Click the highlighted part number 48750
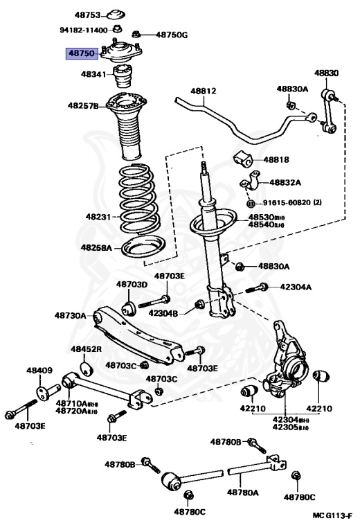point(82,53)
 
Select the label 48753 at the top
point(88,15)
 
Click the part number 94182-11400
point(84,30)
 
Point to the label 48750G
point(172,35)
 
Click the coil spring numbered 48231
point(138,199)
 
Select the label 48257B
point(83,106)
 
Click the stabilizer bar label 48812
point(204,91)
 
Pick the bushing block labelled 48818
point(242,159)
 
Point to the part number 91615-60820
point(287,203)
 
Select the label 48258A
point(96,248)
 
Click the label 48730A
point(70,316)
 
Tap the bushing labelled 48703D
point(129,308)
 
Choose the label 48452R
point(86,349)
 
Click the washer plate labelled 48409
point(42,393)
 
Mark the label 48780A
point(243,492)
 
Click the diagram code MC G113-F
point(332,515)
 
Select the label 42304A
point(296,287)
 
